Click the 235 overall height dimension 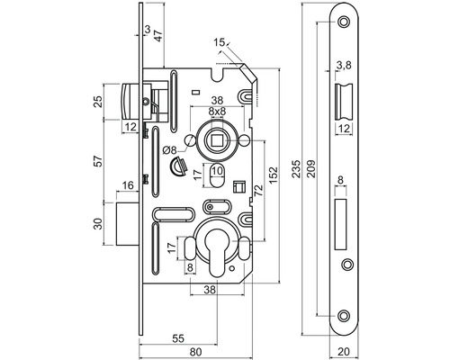[x=296, y=169]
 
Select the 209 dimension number [x=311, y=169]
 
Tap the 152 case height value [x=274, y=175]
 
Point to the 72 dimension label [x=258, y=191]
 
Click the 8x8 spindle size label [x=217, y=111]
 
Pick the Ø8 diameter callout [x=170, y=149]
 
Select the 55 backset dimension [x=178, y=338]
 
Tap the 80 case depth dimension [x=195, y=352]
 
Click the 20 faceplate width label [x=344, y=351]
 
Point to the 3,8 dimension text [x=344, y=65]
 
